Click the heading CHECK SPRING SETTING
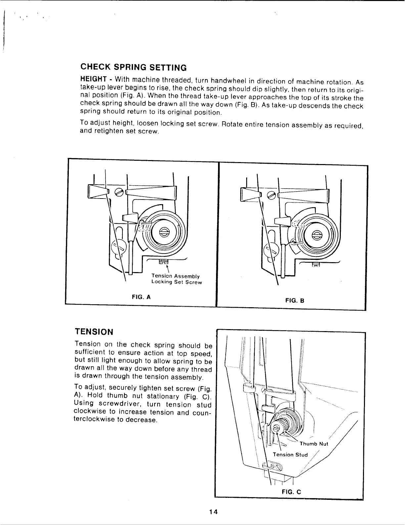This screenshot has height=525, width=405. click(x=134, y=67)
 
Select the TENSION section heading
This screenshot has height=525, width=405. click(x=94, y=332)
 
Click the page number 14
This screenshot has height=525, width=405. click(x=213, y=511)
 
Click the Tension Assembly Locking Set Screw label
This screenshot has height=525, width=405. click(x=176, y=279)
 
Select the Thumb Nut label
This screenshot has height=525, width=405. click(x=313, y=444)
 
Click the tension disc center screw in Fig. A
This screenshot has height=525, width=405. click(x=164, y=232)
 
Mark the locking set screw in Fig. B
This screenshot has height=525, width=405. click(x=317, y=264)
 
